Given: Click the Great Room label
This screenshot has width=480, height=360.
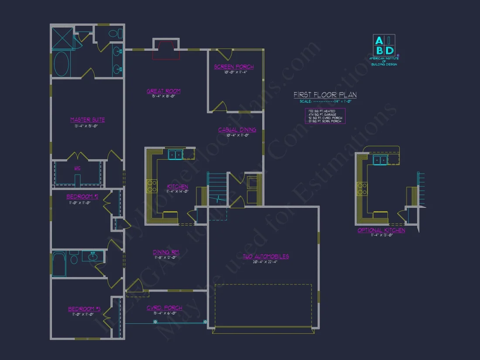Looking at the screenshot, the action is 163,91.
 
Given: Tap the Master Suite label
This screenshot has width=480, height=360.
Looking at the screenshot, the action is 87,120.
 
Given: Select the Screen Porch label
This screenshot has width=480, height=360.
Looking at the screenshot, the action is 233,67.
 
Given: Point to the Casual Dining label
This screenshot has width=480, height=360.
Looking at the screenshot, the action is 237,130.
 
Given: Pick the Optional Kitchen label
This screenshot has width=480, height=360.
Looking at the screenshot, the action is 381,230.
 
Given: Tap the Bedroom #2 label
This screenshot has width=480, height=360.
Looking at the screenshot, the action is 82,197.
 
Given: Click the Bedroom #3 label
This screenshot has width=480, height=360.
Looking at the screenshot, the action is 84,309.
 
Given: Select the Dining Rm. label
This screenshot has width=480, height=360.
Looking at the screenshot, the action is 166,252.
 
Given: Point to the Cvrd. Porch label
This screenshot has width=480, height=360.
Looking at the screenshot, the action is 165,308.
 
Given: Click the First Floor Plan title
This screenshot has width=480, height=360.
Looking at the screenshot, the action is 325,95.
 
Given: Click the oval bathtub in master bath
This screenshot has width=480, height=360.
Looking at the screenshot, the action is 62,65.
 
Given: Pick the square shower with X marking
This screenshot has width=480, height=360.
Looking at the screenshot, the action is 62,38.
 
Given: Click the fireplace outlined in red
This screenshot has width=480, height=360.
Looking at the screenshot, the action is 166,50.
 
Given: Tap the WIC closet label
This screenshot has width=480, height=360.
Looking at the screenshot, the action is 77,168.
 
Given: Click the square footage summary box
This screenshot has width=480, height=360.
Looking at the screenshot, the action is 325,116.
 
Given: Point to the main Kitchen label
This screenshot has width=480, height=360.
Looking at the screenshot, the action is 177,187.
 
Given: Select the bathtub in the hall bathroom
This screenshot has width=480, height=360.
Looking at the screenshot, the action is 59,264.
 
